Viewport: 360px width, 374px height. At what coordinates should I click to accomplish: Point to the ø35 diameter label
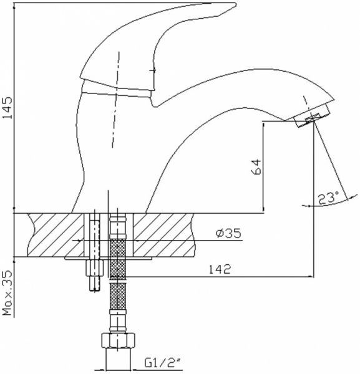[228, 234]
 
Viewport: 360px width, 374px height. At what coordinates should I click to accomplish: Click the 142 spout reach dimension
[219, 269]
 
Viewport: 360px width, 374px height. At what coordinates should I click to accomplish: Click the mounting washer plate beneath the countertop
[106, 257]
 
